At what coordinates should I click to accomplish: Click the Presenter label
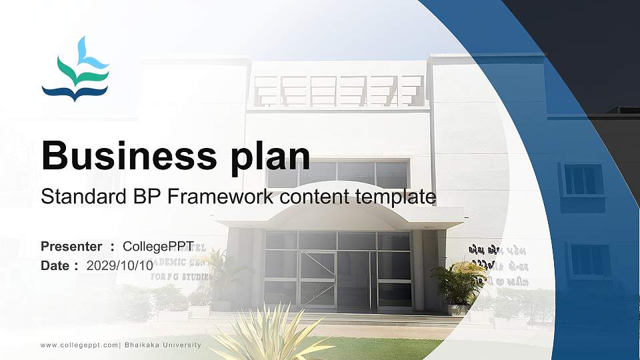click(x=71, y=246)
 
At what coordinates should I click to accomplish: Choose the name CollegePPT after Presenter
click(x=158, y=246)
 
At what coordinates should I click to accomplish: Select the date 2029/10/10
click(x=120, y=265)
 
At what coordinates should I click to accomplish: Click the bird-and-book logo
click(x=75, y=70)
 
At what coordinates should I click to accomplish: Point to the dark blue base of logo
click(x=75, y=92)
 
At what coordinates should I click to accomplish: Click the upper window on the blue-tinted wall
click(x=583, y=179)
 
